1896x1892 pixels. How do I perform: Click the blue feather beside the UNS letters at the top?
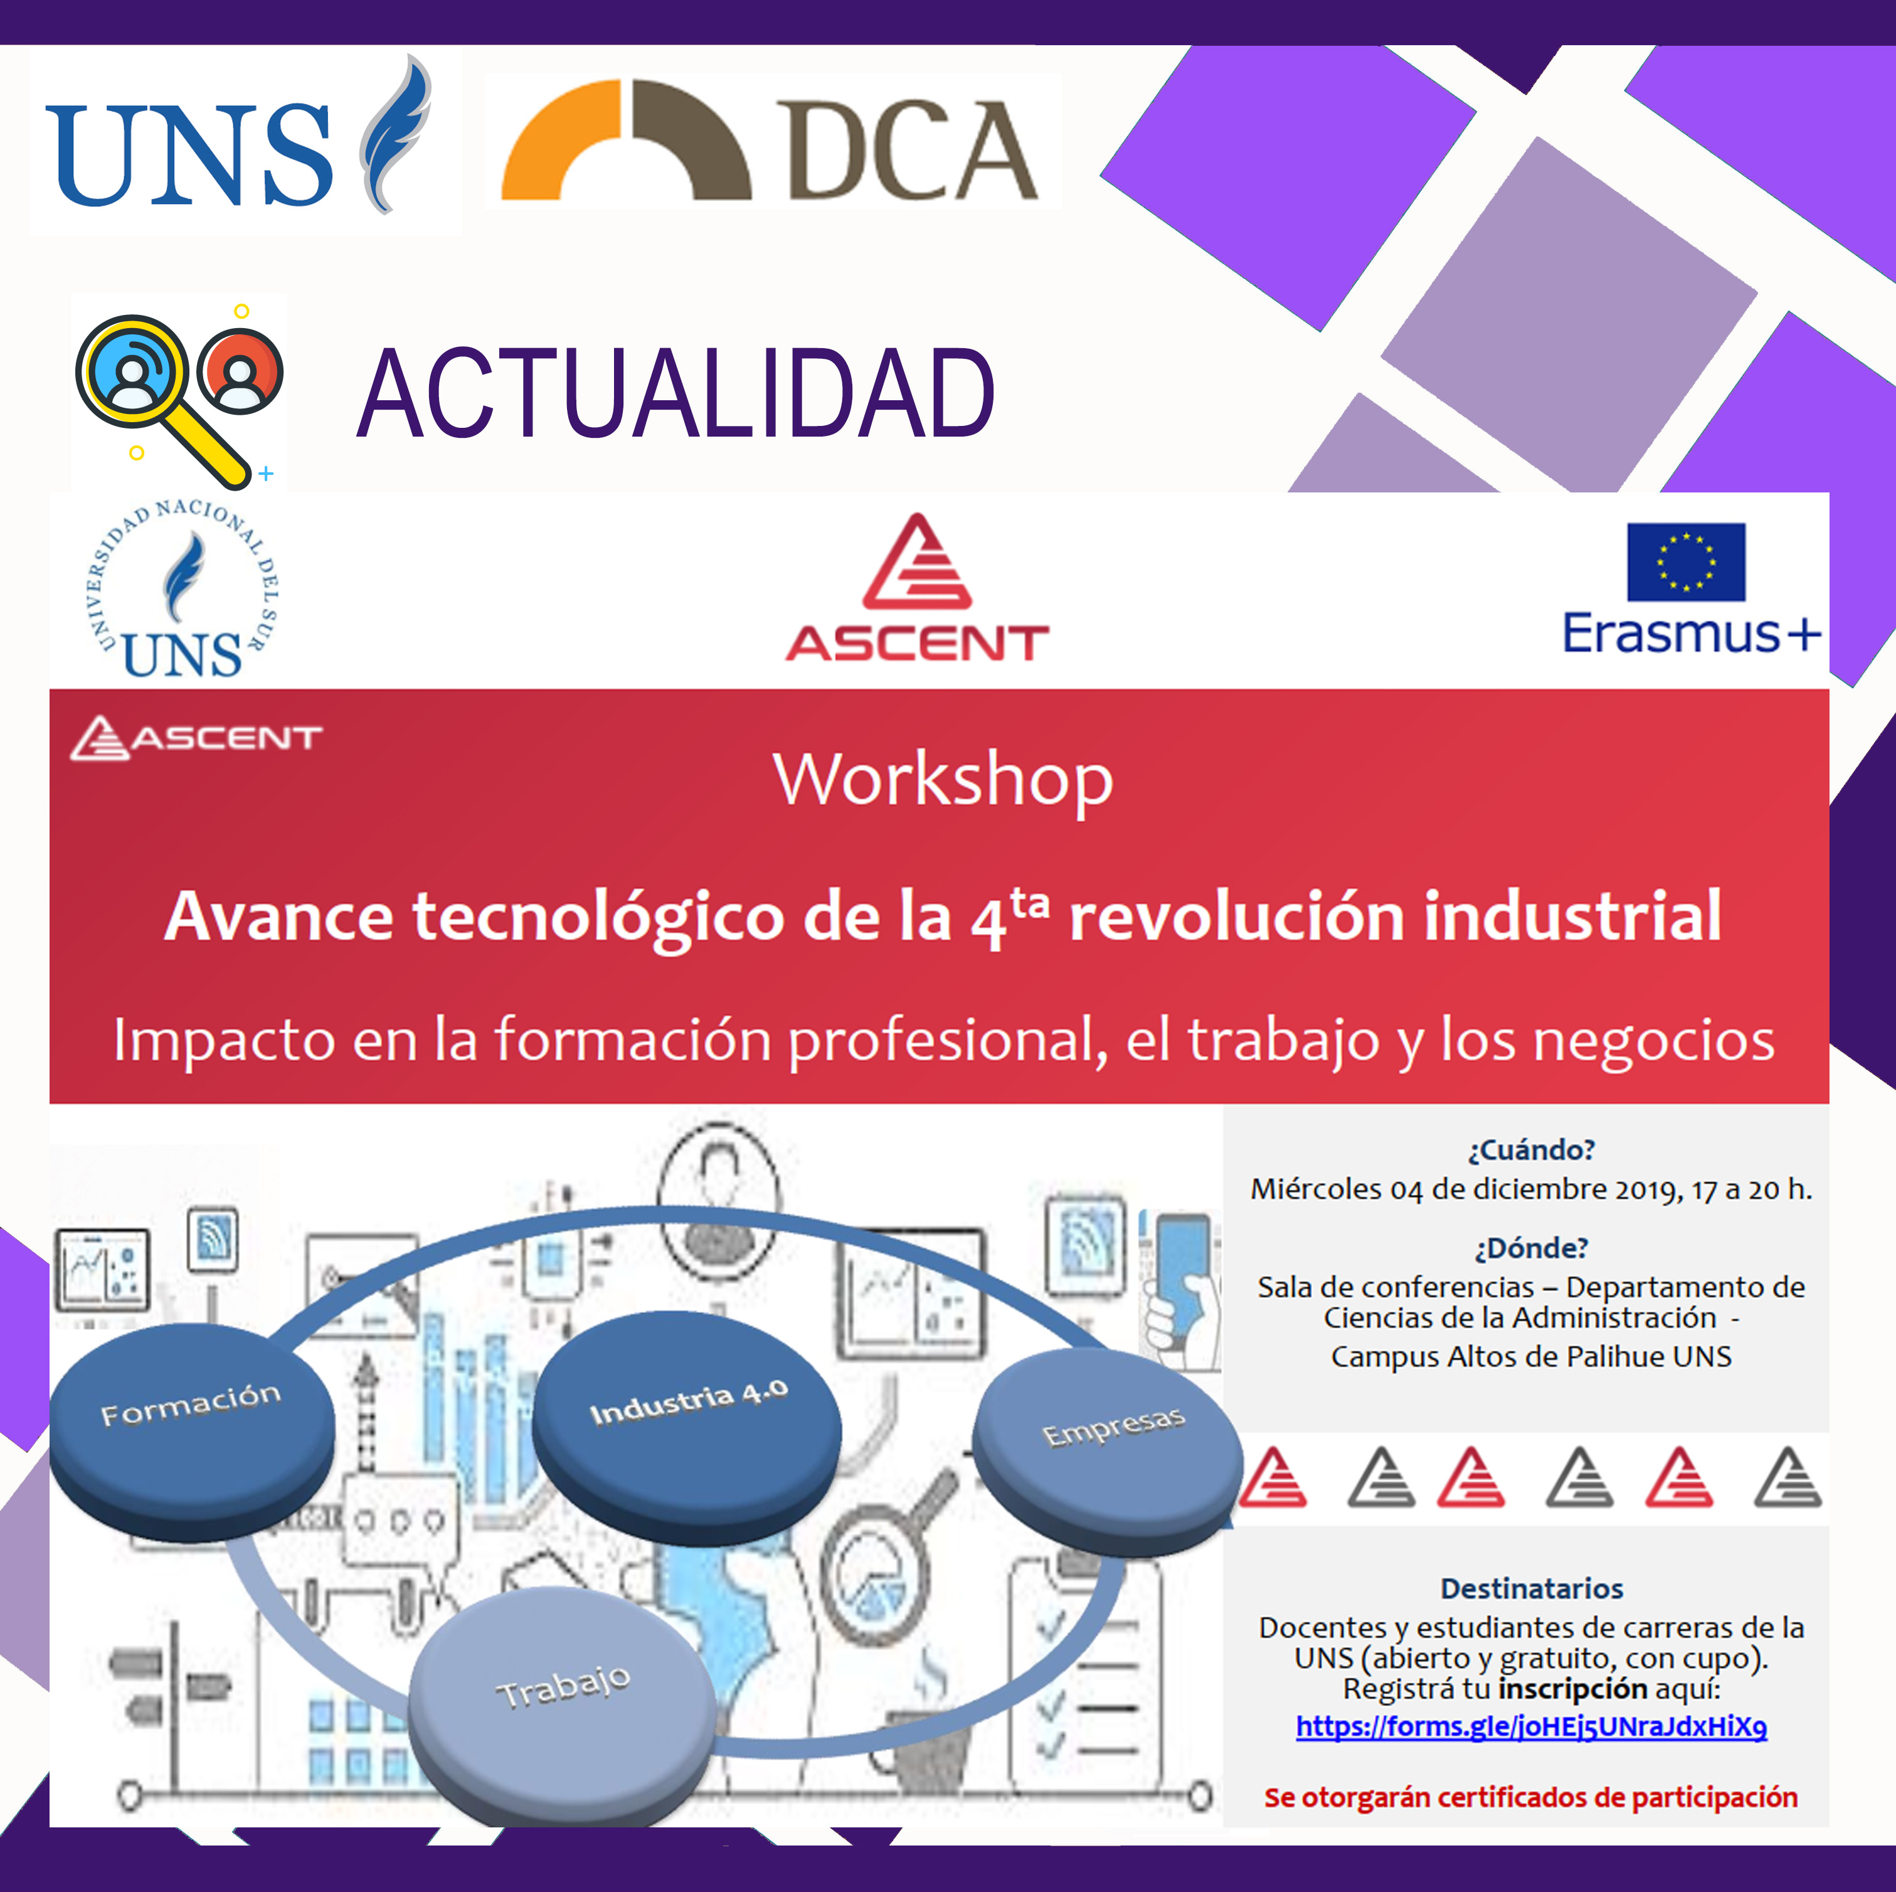point(395,134)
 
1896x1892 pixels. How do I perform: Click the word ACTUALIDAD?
point(675,393)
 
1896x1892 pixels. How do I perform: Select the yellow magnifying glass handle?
point(211,444)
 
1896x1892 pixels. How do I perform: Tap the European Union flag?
point(1686,562)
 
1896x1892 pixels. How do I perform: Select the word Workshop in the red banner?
point(943,781)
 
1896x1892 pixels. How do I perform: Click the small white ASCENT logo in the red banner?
point(196,738)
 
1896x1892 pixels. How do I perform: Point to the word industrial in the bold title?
point(1572,916)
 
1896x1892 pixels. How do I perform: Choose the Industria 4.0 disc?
point(687,1428)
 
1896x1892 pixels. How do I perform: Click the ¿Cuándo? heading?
point(1531,1150)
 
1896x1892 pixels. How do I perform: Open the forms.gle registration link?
point(1531,1727)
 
